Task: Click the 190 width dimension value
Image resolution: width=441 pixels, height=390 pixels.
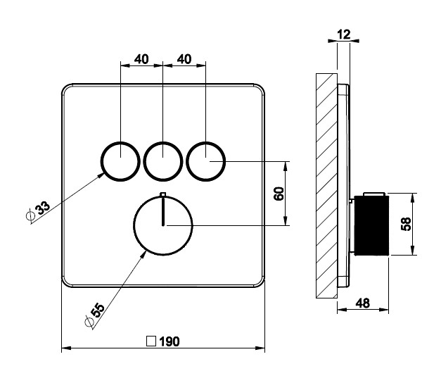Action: pyautogui.click(x=170, y=341)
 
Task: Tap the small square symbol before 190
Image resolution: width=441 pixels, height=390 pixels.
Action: pyautogui.click(x=151, y=341)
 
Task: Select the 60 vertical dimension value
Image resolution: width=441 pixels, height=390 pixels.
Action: pyautogui.click(x=279, y=194)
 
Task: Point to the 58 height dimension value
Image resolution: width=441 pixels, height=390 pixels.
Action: pyautogui.click(x=406, y=224)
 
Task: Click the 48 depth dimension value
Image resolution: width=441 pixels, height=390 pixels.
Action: pyautogui.click(x=362, y=303)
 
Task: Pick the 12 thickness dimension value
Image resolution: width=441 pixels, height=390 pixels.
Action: pyautogui.click(x=344, y=34)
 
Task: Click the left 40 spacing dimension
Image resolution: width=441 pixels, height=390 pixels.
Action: pyautogui.click(x=141, y=59)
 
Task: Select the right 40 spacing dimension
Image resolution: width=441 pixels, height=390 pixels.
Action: pyautogui.click(x=184, y=59)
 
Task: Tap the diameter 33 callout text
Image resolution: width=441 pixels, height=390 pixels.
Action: pyautogui.click(x=39, y=210)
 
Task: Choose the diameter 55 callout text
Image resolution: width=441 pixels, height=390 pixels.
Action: pyautogui.click(x=95, y=315)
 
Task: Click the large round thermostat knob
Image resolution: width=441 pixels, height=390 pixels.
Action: pyautogui.click(x=134, y=225)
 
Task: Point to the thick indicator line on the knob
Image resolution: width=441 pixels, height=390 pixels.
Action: pyautogui.click(x=163, y=211)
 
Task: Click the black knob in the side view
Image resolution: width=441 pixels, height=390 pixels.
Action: pyautogui.click(x=371, y=225)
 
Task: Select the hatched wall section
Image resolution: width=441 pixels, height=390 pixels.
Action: pyautogui.click(x=326, y=186)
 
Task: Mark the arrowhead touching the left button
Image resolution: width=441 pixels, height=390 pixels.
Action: pyautogui.click(x=101, y=175)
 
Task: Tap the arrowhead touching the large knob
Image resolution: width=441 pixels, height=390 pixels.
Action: pyautogui.click(x=143, y=254)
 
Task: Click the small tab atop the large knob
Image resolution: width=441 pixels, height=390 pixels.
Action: pyautogui.click(x=163, y=194)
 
